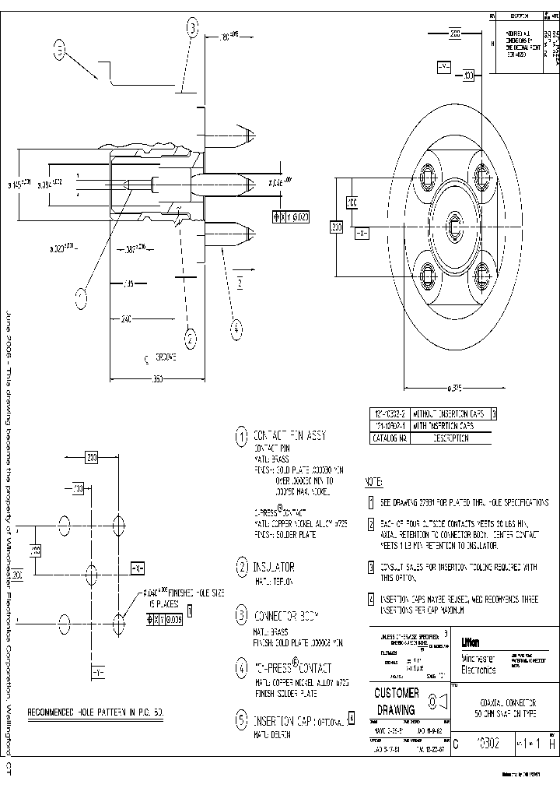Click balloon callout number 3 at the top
(192, 29)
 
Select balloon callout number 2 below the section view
(189, 337)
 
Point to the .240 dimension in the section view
(126, 318)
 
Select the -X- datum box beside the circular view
(361, 233)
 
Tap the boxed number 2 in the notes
(372, 524)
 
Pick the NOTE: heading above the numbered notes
(374, 483)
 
